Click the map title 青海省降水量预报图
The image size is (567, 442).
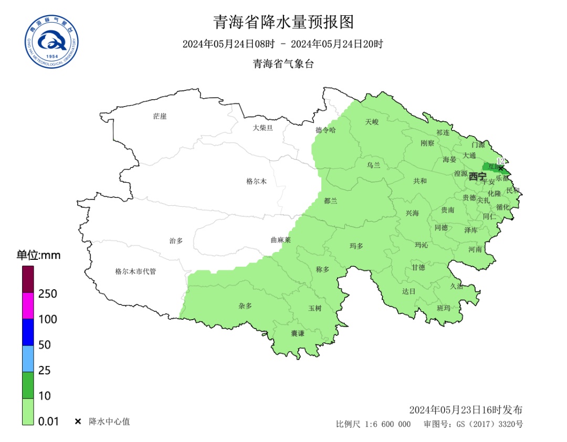(283, 22)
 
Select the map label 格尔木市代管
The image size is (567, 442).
(135, 271)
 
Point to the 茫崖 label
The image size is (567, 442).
(160, 116)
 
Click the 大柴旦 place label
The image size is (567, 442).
(262, 128)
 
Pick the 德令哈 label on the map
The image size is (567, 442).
(325, 130)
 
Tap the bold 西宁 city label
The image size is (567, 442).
(477, 176)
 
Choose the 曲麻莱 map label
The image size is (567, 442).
(280, 239)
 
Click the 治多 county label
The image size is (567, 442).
(176, 240)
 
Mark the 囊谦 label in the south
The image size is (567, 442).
(298, 333)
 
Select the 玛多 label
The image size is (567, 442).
(356, 246)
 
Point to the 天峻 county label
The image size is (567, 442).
(372, 122)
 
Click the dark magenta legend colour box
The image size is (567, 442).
(28, 279)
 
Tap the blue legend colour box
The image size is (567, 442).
(28, 332)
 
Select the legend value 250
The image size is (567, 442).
(48, 294)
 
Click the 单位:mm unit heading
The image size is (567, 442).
(38, 256)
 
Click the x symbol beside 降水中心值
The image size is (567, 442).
(78, 422)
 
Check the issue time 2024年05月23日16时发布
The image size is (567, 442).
(466, 410)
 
